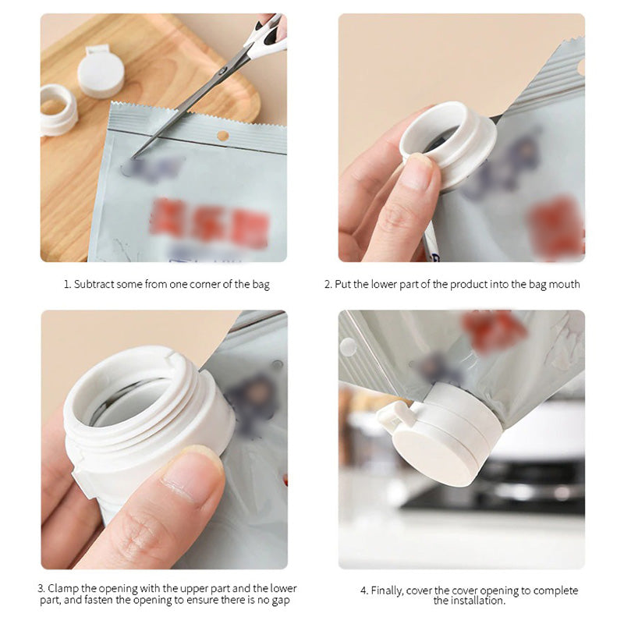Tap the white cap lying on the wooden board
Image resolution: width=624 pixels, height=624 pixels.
(x=101, y=72)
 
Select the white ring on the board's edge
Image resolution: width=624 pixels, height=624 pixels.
(x=58, y=109)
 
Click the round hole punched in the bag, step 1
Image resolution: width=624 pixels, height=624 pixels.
(x=222, y=136)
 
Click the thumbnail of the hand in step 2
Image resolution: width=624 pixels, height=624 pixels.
(x=417, y=172)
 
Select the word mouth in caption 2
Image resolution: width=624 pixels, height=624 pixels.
(x=565, y=285)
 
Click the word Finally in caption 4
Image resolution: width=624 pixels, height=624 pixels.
(x=389, y=590)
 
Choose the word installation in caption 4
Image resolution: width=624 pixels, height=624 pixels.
(x=477, y=601)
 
